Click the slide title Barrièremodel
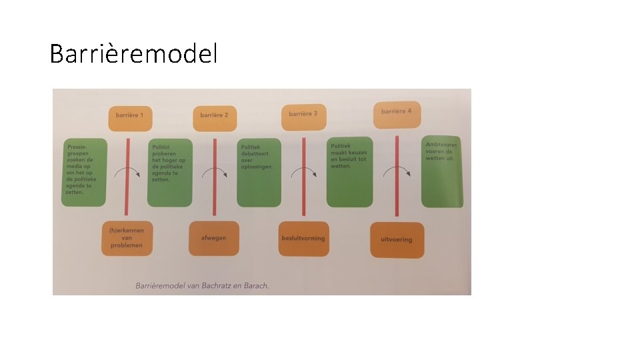click(x=133, y=53)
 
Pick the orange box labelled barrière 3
click(x=303, y=114)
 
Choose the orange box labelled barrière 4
click(x=396, y=111)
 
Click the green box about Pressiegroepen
click(x=84, y=172)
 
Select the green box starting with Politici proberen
click(x=169, y=173)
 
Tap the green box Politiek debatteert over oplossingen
click(x=259, y=173)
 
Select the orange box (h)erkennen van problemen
click(x=127, y=237)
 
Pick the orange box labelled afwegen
click(x=213, y=238)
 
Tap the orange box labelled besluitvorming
click(x=303, y=238)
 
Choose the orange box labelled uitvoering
click(x=396, y=240)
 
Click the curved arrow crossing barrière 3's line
click(x=303, y=172)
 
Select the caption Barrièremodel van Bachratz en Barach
click(x=202, y=285)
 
